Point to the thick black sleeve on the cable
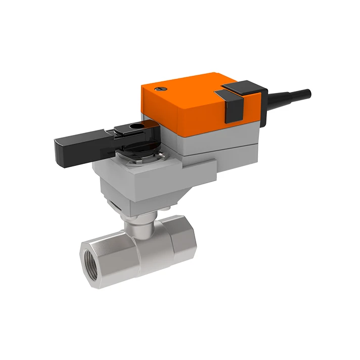pos(283,97)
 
